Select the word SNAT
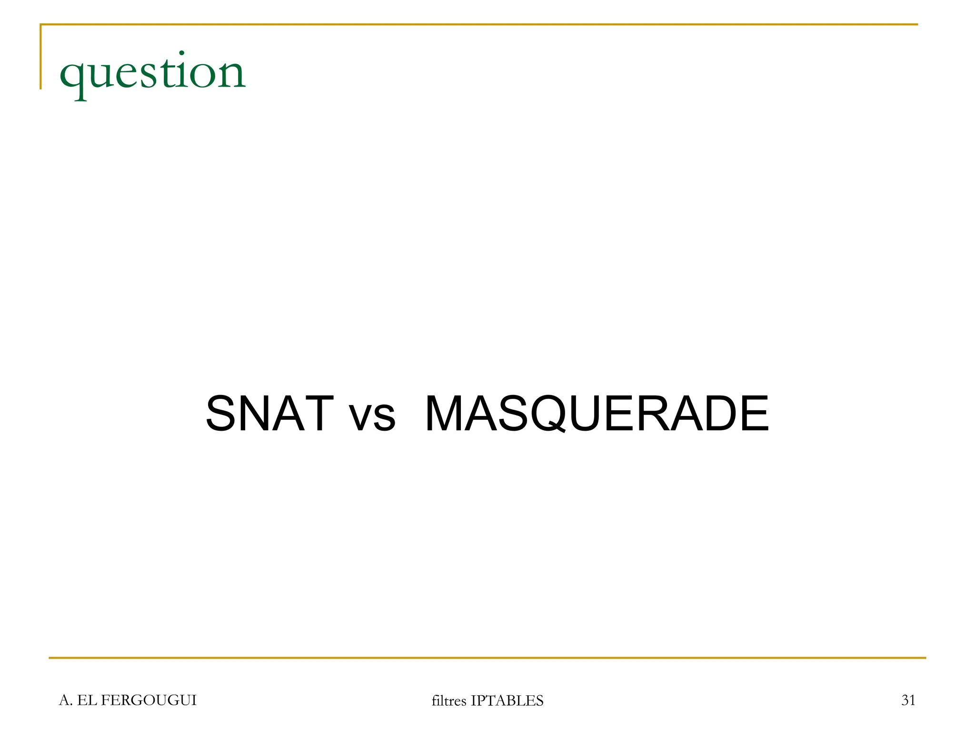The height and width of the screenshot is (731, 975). point(269,414)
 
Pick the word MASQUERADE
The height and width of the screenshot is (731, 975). point(597,414)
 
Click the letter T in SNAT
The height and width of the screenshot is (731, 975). point(316,414)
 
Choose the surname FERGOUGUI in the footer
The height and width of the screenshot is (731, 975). point(149,700)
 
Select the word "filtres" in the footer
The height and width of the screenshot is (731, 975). point(448,701)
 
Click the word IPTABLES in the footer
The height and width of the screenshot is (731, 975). point(507,701)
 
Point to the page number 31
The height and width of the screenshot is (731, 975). point(908,700)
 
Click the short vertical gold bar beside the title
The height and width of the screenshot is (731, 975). point(41,57)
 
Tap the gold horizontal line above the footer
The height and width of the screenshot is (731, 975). point(487,658)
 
